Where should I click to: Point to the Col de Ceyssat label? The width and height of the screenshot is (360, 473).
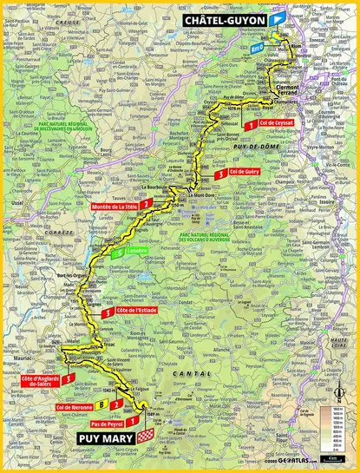[x=279, y=125]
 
